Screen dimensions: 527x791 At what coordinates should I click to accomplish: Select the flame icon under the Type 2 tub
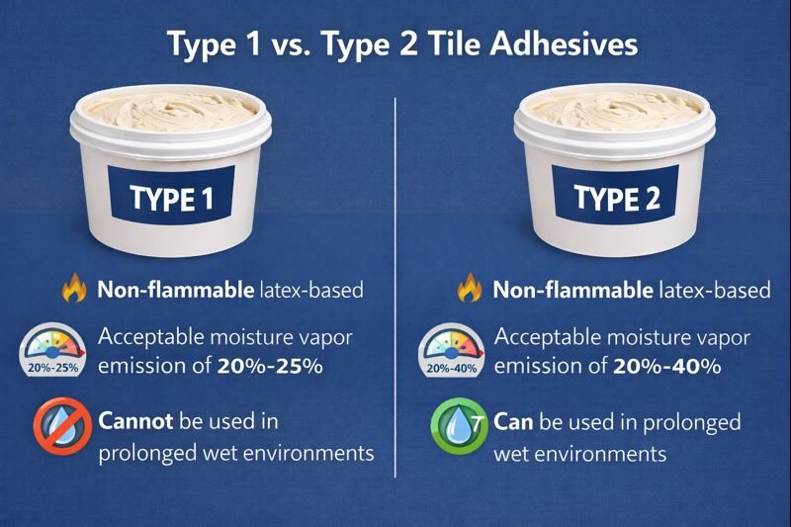469,291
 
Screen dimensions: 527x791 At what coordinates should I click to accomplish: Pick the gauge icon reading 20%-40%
451,352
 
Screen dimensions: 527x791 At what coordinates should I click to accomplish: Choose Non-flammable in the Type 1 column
174,291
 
